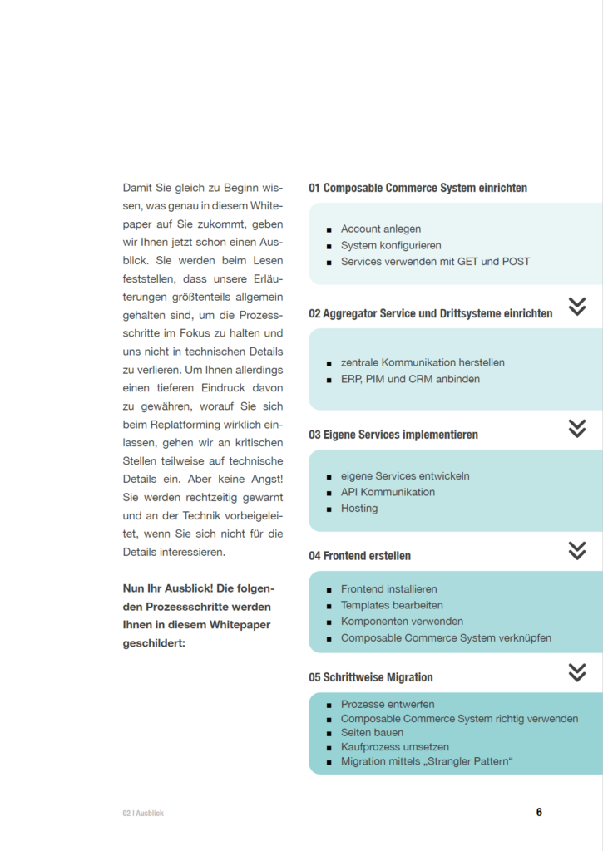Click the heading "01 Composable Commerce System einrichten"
418,188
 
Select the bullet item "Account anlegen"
381,229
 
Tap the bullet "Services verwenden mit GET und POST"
435,261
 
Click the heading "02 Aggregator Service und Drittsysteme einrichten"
430,313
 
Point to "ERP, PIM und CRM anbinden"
410,379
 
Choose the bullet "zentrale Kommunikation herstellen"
423,362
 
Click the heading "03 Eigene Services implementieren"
393,435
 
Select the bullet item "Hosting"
359,508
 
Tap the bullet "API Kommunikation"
388,492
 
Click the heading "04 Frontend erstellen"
359,555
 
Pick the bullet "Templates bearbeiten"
392,605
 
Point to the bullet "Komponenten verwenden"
402,621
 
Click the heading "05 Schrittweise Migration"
371,677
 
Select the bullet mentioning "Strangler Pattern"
427,761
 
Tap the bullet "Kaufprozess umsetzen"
395,747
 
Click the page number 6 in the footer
539,812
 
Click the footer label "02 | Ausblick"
143,813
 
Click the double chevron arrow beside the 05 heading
577,672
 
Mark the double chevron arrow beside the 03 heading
577,428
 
